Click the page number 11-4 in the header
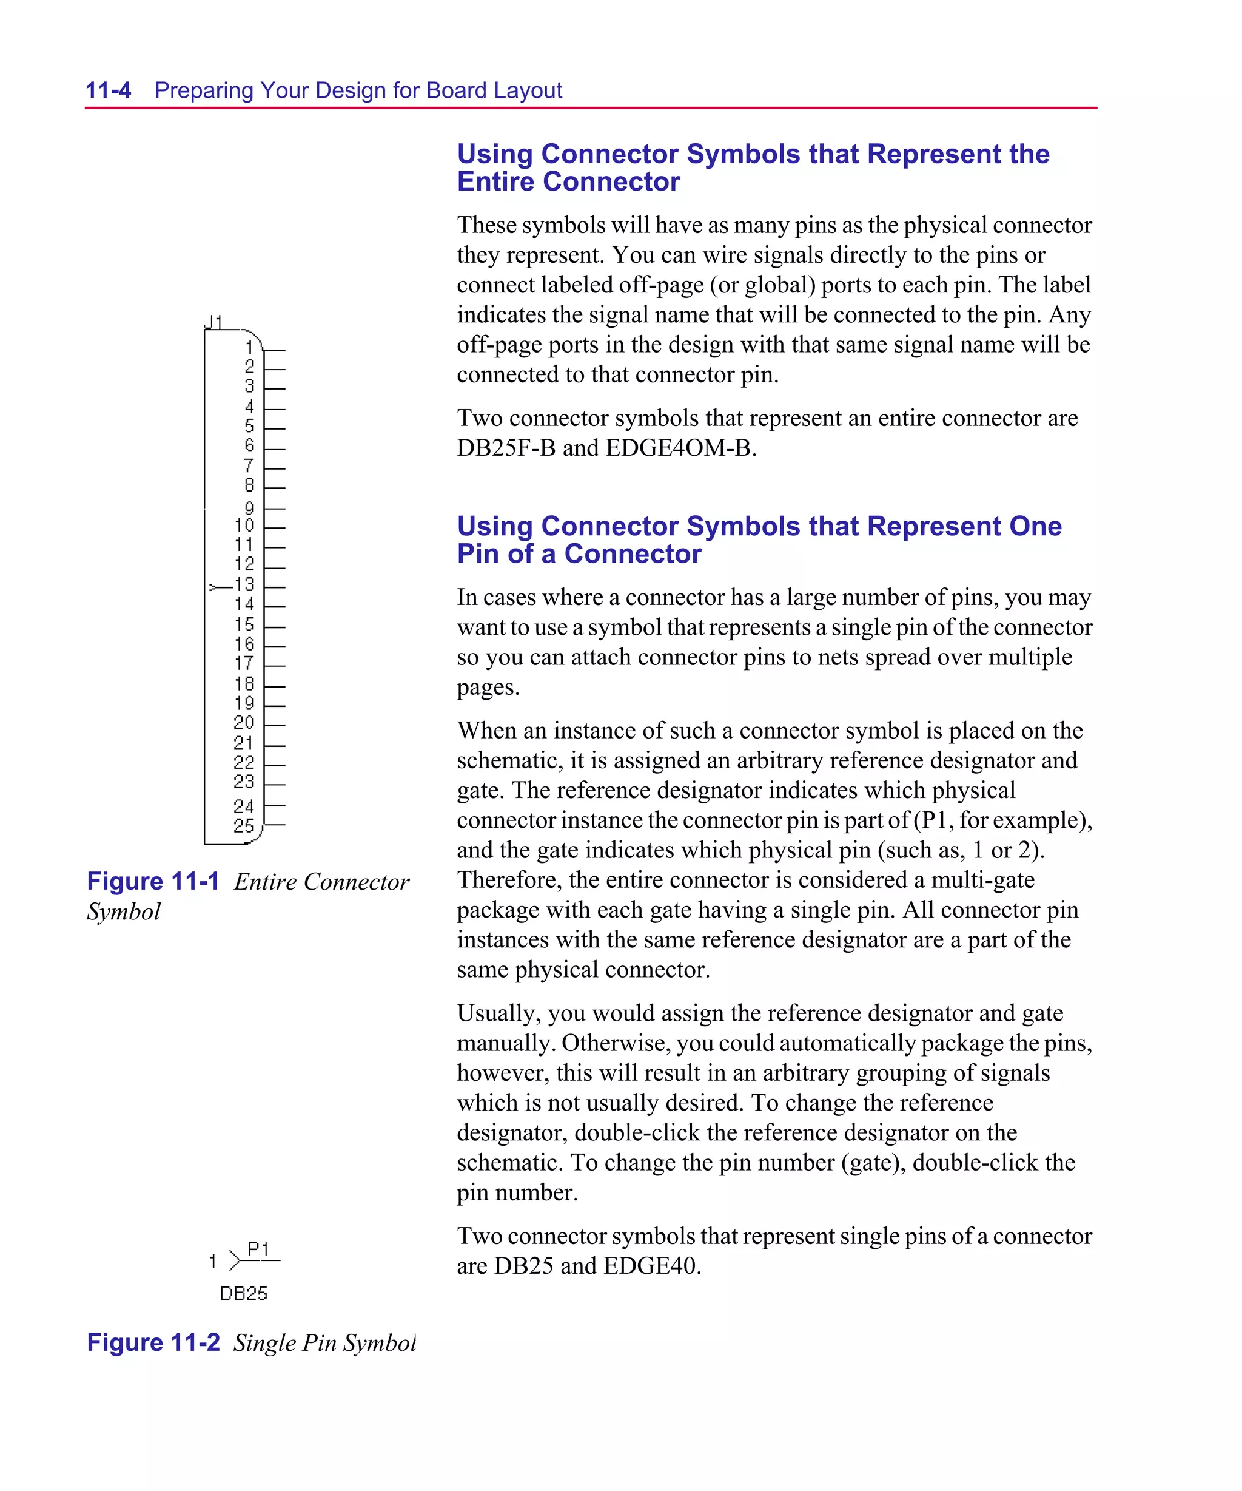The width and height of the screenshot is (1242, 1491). (108, 90)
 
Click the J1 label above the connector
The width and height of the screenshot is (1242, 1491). (213, 322)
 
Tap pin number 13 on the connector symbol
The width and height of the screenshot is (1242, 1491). (244, 584)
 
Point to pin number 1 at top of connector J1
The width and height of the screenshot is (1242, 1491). (249, 347)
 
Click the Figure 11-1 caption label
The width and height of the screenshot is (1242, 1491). (153, 881)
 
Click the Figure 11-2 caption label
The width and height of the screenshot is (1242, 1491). (153, 1342)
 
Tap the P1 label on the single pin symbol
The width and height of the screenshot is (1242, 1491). (258, 1248)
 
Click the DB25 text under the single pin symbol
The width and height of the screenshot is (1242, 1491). (243, 1294)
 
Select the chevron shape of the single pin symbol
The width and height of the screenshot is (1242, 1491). (235, 1261)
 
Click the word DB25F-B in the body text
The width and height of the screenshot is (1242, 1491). (506, 448)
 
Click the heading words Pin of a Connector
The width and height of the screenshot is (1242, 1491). (579, 554)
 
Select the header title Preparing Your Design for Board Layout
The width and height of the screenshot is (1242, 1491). (358, 90)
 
